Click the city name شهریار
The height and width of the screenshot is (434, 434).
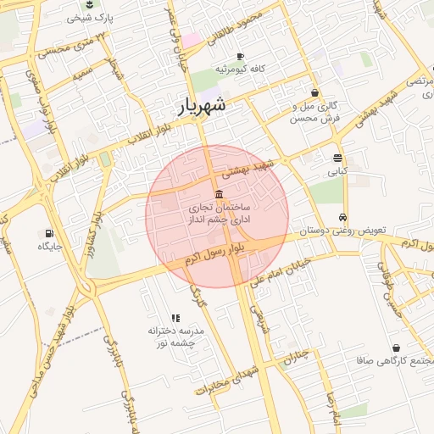tap(203, 106)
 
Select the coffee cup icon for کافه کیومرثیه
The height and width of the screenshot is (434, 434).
tap(240, 56)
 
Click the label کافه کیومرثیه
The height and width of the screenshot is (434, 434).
tap(240, 69)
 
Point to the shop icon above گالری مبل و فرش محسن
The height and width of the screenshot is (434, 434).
tap(315, 93)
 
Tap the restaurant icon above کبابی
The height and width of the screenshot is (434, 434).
tap(338, 159)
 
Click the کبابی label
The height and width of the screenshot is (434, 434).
tap(338, 171)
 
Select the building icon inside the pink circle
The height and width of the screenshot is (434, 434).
tap(220, 194)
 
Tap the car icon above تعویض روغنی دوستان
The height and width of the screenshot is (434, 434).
tap(342, 217)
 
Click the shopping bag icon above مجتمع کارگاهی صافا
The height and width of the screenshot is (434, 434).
tap(397, 348)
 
